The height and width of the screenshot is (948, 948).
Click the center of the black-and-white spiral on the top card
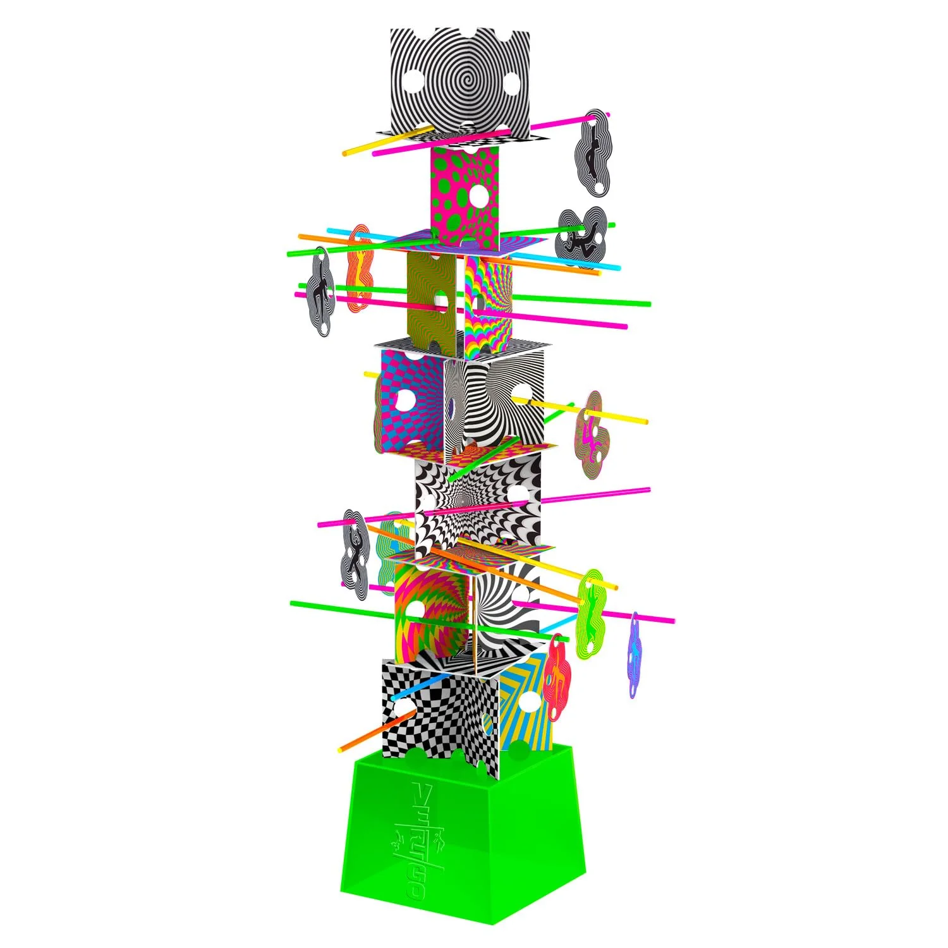click(x=459, y=81)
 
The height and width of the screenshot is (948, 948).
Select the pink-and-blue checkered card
click(x=411, y=398)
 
